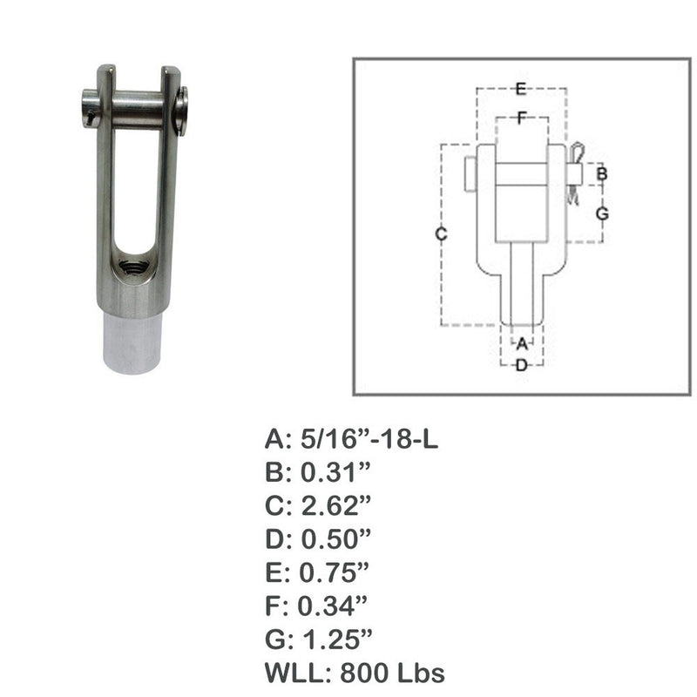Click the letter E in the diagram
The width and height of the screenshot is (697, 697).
point(520,88)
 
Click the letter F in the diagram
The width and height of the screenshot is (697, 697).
point(520,119)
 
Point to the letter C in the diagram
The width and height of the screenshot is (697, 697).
point(442,233)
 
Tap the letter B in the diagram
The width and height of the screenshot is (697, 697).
point(601,174)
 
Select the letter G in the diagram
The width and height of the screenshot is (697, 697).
point(601,213)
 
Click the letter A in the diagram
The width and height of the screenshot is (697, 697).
point(522,343)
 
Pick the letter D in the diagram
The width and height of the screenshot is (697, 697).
point(522,366)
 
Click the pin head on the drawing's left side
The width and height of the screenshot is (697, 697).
point(470,173)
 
